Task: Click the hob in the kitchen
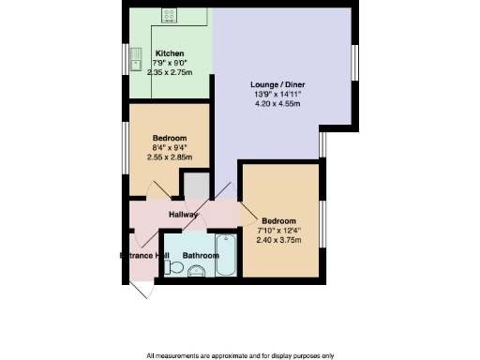point(170,15)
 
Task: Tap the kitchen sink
point(136,58)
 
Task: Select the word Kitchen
point(170,53)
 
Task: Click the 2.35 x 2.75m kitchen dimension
point(170,71)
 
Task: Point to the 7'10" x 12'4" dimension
point(279,229)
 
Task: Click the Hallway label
point(183,216)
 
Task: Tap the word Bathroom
point(200,255)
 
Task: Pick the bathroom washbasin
point(196,273)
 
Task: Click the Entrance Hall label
point(143,255)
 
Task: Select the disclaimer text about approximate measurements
point(240,355)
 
